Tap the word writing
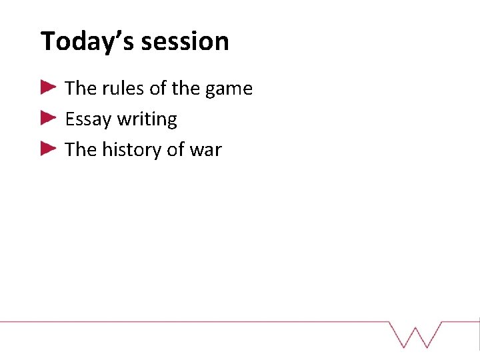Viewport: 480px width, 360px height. point(147,119)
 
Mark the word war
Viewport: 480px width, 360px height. point(205,151)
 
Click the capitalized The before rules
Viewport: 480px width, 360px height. point(81,89)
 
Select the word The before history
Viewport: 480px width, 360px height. point(81,150)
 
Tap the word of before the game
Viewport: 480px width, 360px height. point(159,89)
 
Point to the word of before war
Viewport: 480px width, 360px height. point(175,150)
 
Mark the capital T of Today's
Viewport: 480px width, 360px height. point(47,41)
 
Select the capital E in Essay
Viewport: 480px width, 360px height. point(69,119)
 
